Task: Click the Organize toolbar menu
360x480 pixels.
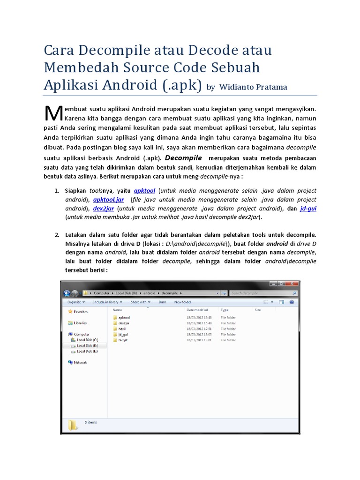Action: tap(76, 302)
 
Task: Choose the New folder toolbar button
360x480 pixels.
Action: tap(183, 302)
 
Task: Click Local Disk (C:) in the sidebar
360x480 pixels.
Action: tap(87, 339)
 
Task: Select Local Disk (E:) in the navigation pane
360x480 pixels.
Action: tap(87, 351)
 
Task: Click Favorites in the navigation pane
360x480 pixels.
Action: tap(80, 311)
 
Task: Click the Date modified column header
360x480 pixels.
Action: tap(197, 310)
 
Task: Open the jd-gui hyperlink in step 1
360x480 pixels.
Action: tap(308, 208)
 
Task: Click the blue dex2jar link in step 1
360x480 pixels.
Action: tap(103, 209)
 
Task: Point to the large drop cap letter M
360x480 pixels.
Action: tap(53, 113)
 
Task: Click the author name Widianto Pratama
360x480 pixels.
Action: tap(253, 87)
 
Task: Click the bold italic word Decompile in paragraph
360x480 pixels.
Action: tap(183, 158)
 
